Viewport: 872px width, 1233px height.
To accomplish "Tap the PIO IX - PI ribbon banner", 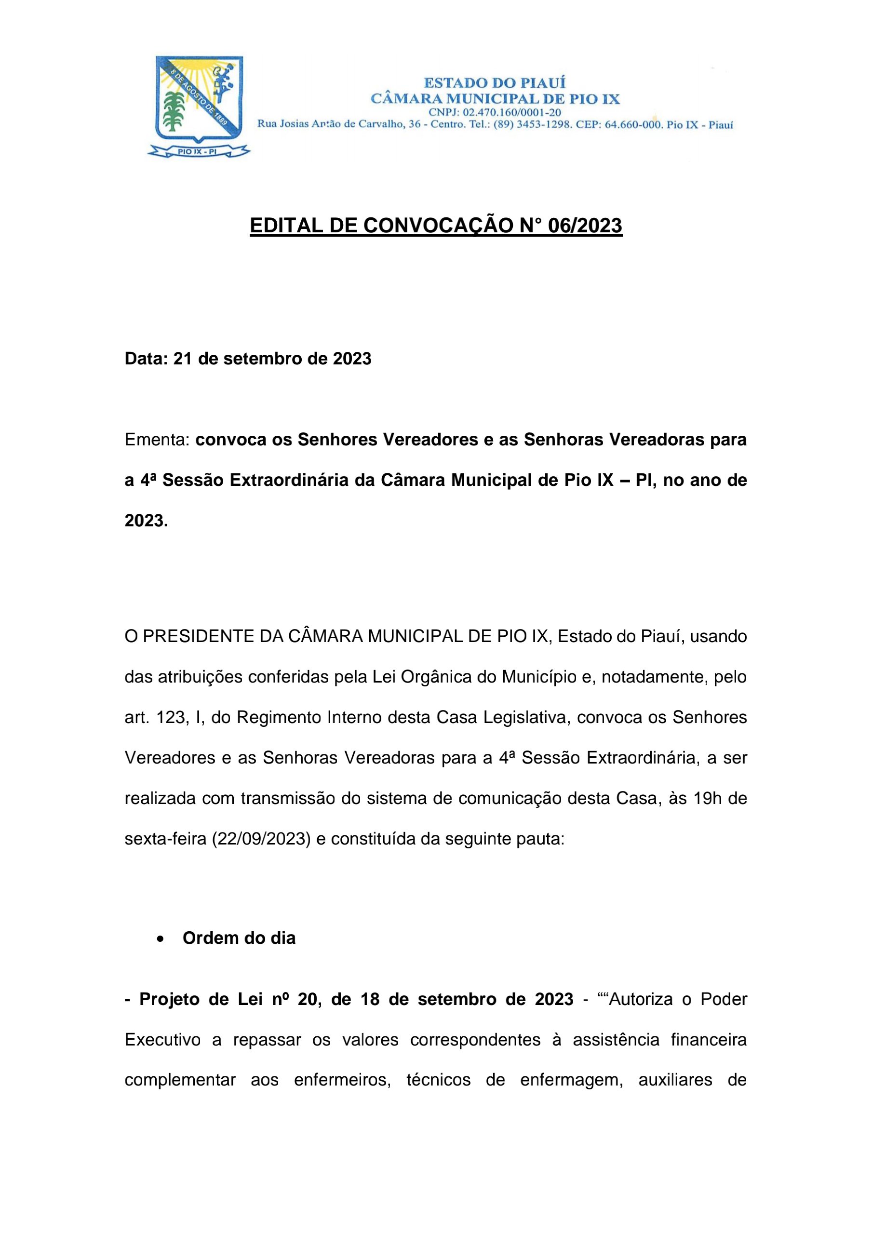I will pos(198,152).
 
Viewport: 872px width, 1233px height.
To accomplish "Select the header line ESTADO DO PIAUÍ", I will pos(495,83).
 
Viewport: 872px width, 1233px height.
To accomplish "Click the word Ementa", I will pos(157,440).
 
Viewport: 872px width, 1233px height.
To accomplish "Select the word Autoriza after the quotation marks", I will pos(640,999).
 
